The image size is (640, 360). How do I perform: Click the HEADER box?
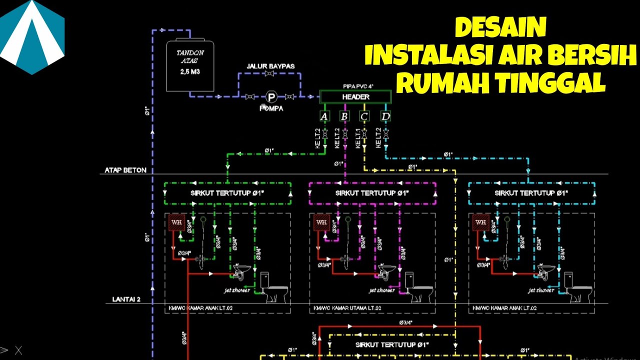tap(355, 96)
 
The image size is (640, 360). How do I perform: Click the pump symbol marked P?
tap(271, 96)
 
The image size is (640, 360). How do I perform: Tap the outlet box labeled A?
tap(324, 117)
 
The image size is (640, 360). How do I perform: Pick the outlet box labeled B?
tap(344, 117)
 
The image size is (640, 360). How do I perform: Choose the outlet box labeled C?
tap(364, 117)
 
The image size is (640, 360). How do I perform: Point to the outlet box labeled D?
tap(385, 117)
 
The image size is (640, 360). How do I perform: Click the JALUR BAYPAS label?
tap(270, 66)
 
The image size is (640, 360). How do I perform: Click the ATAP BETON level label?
tap(125, 170)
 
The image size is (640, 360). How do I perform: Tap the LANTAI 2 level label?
tap(123, 299)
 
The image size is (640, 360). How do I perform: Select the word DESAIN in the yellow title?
tap(500, 28)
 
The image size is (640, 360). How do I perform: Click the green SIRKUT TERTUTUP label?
tap(227, 193)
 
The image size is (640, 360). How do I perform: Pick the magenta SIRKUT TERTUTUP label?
tap(372, 193)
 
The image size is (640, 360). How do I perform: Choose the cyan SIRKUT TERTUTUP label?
tap(531, 193)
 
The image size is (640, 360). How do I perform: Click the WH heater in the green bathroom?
tap(176, 222)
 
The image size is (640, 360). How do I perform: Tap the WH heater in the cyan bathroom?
tap(480, 222)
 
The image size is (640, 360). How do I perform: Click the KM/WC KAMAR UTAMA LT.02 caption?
tap(347, 308)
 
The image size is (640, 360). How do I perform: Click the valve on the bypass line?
tap(269, 74)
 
